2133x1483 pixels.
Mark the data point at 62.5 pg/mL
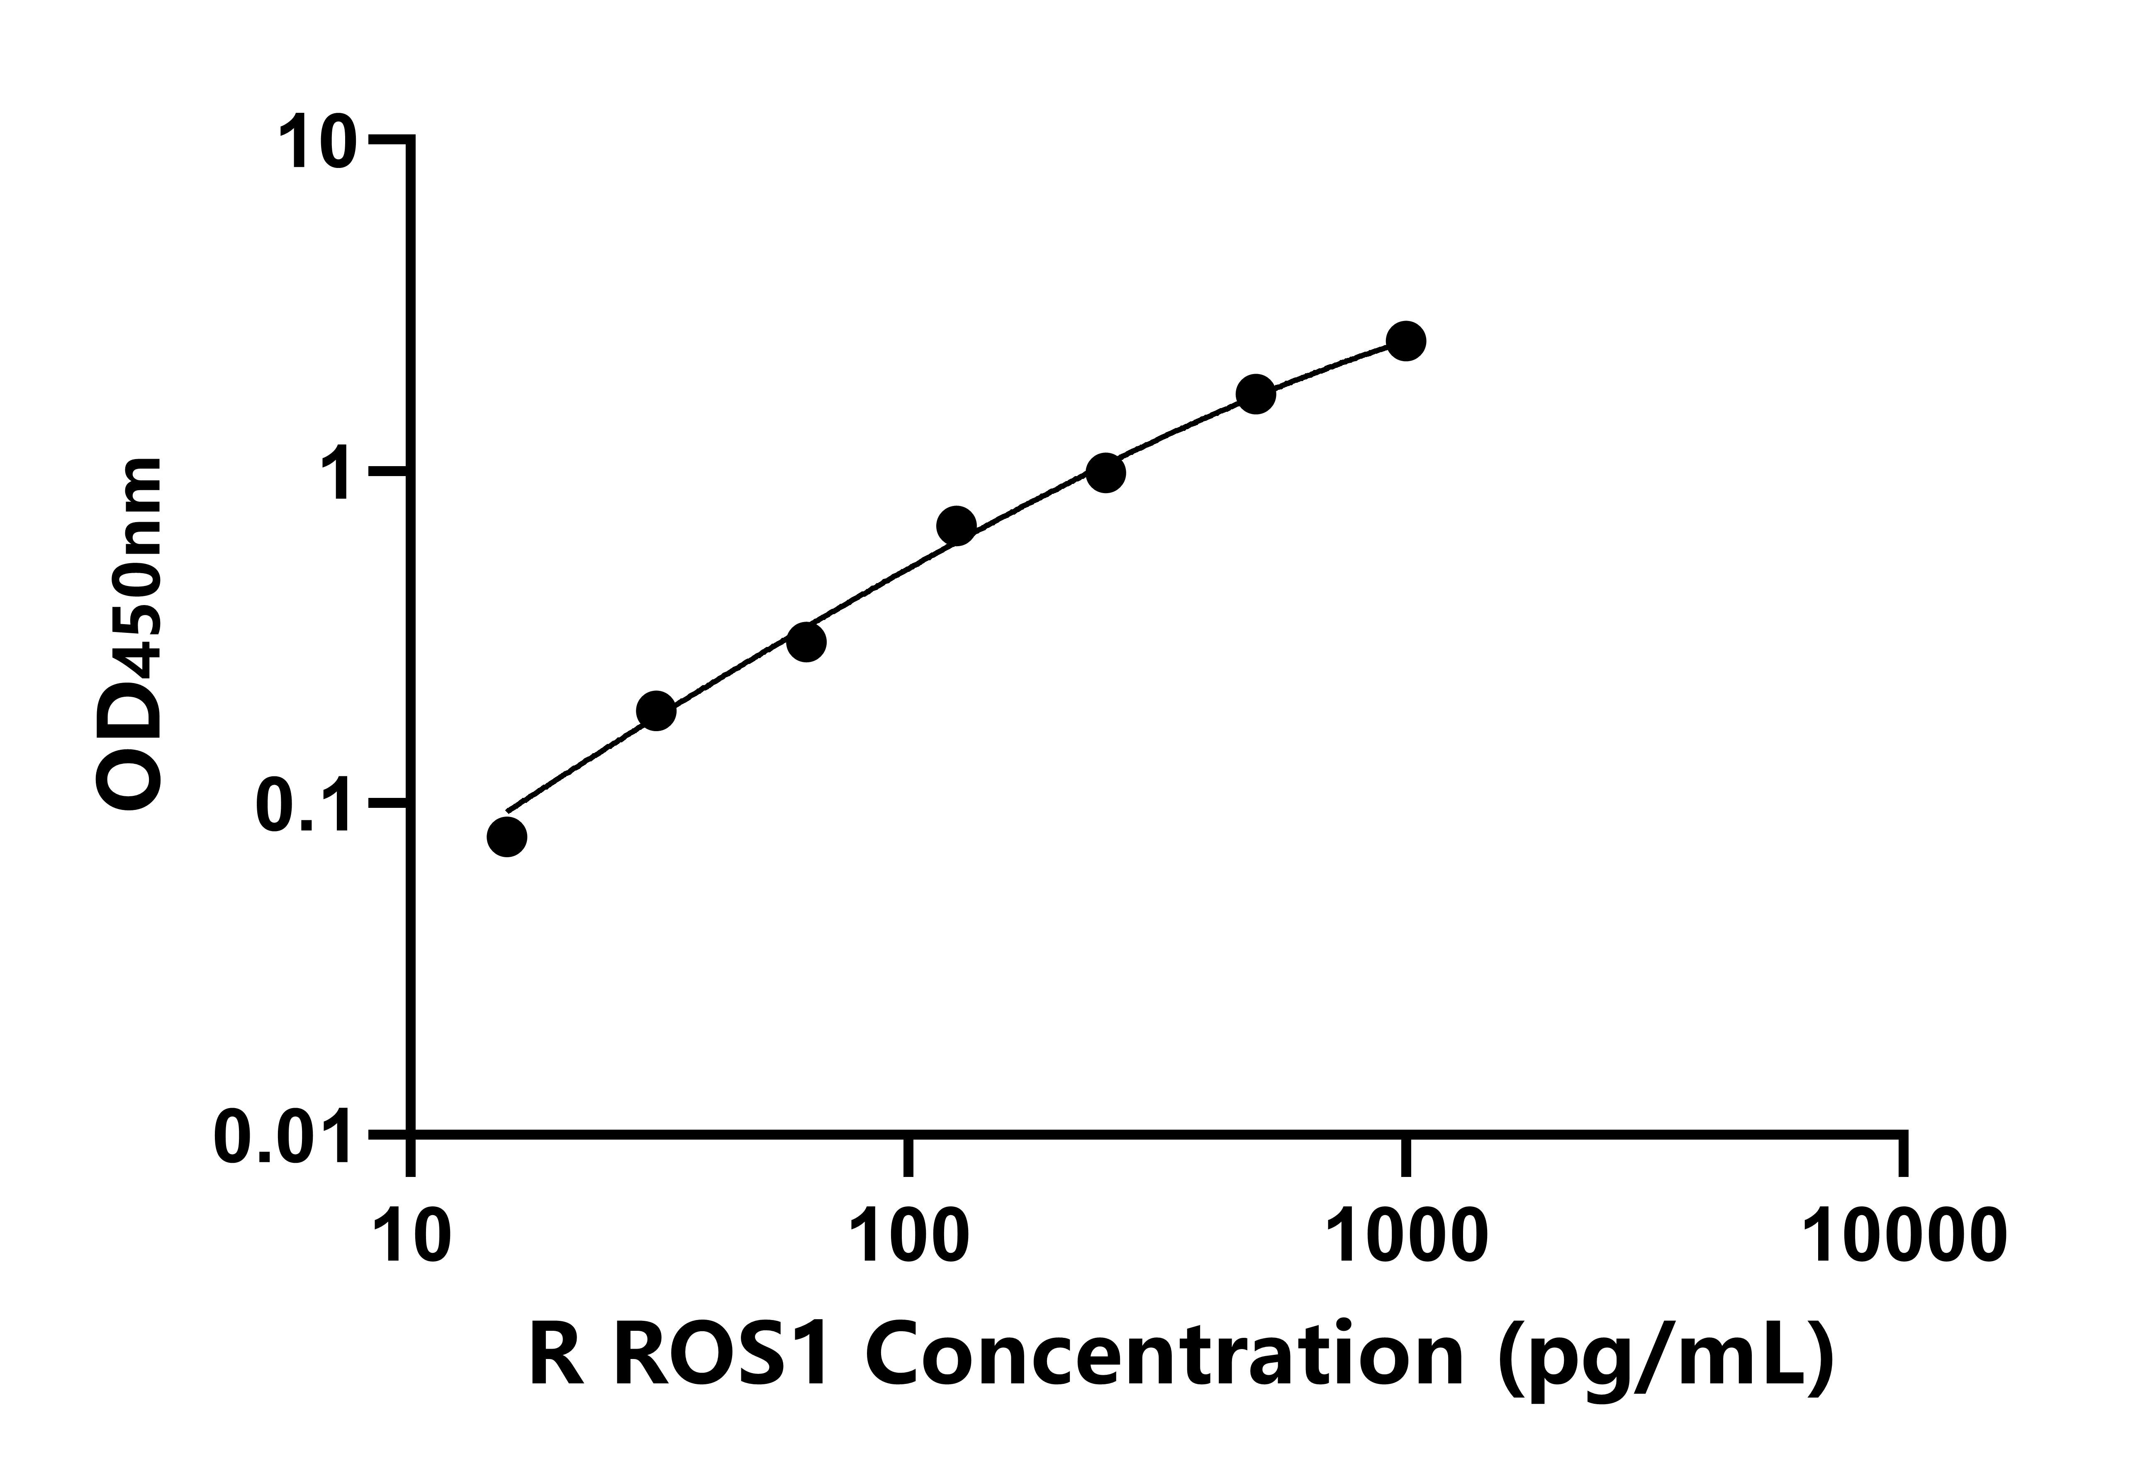(806, 642)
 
